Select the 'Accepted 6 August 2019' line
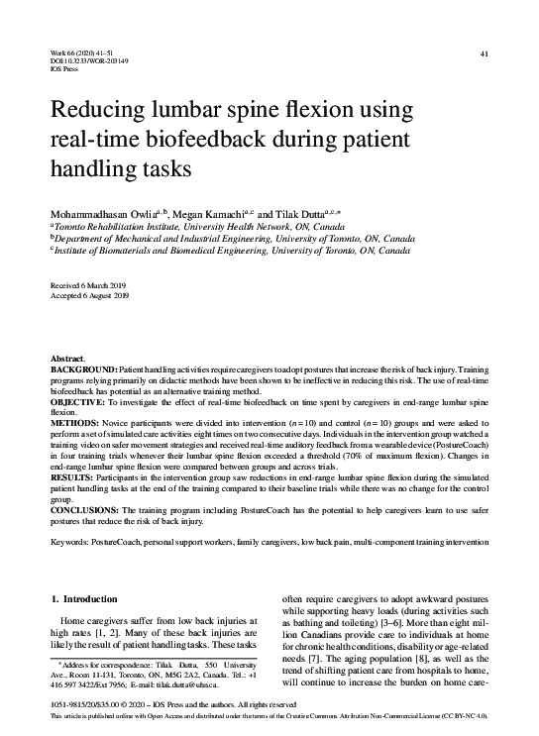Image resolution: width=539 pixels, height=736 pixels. (89, 296)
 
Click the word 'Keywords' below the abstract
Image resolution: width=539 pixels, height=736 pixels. (68, 544)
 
